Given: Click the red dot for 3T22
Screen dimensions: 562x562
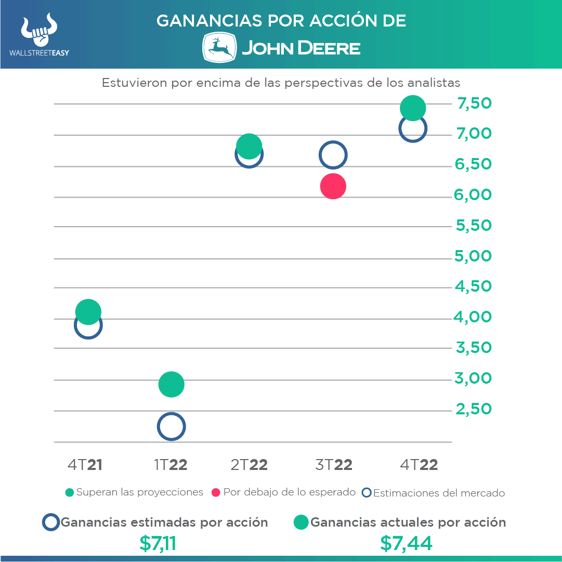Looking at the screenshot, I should coord(333,186).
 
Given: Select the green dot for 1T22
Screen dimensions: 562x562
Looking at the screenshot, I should coord(171,384).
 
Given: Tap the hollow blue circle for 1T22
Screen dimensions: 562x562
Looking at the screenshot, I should coord(171,427).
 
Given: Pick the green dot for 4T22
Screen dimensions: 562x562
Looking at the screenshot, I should coord(413,108).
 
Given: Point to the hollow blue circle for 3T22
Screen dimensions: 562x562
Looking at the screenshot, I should coord(333,154).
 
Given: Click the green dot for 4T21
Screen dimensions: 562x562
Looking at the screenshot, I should coord(88,311).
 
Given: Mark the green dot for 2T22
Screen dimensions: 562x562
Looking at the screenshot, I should coord(249,146).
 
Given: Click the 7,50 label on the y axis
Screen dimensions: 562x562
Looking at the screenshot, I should coord(474,103).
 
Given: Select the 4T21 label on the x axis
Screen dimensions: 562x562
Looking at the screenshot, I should coord(85,465).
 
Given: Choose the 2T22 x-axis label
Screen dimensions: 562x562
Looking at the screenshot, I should coord(249,465).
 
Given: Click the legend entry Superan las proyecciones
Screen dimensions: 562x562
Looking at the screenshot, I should coord(135,492).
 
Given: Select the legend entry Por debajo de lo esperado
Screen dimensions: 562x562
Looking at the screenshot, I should coord(284,492).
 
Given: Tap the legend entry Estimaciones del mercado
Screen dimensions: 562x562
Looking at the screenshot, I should coord(434,493).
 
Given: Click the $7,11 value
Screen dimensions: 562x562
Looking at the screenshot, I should coord(158,543).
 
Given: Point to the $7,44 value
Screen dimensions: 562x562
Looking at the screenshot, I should coord(406,543).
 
